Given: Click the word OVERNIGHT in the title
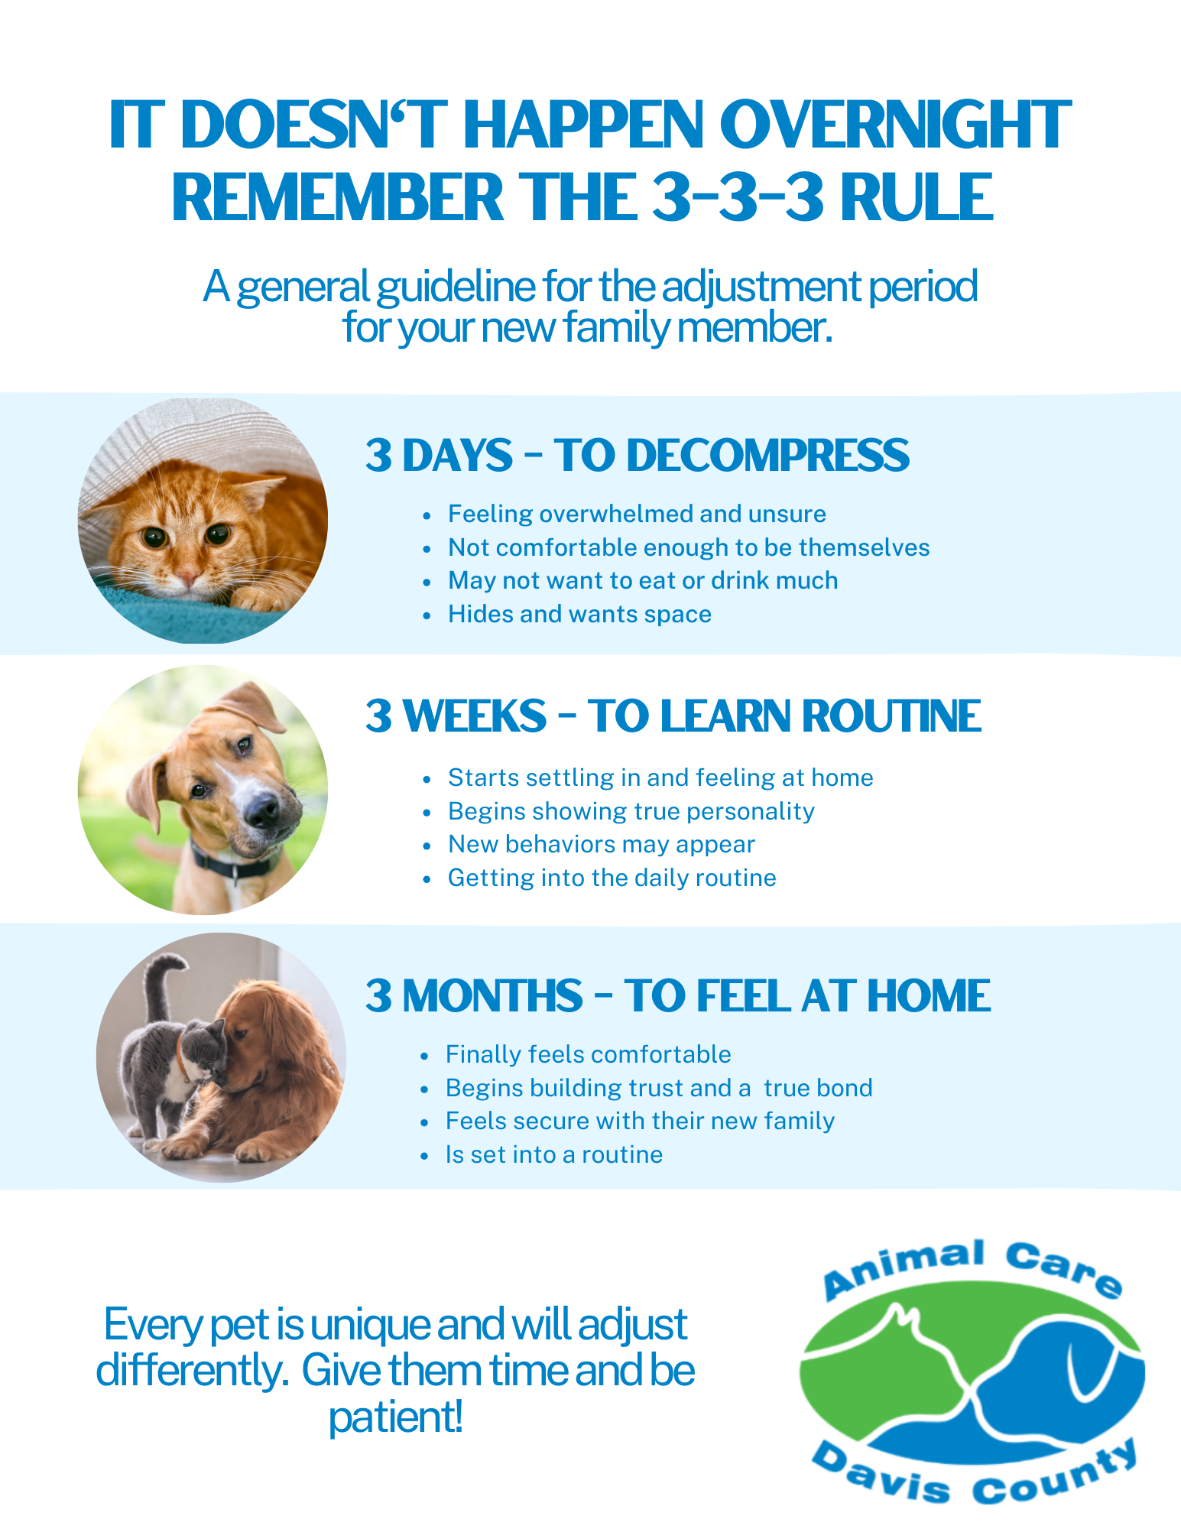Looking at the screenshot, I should point(895,124).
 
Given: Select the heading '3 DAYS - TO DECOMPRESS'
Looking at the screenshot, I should point(637,456).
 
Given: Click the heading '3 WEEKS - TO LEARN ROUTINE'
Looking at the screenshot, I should point(673,716).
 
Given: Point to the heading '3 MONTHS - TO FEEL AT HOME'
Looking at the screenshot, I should point(677,995).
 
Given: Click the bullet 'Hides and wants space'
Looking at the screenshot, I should point(579,614).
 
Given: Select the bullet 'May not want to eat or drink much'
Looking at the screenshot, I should point(642,580).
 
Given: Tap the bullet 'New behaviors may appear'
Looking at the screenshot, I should point(601,844).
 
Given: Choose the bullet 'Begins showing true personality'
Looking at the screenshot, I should point(631,810).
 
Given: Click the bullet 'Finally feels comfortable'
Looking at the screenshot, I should point(588,1054).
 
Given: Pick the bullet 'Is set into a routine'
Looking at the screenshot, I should point(553,1154).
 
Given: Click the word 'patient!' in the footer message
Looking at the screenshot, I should point(395,1417).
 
